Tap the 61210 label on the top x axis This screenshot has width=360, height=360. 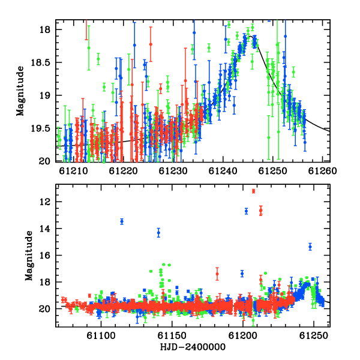pyautogui.click(x=73, y=171)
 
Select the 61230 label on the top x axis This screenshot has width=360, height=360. pyautogui.click(x=173, y=171)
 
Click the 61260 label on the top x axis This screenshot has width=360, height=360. pyautogui.click(x=322, y=171)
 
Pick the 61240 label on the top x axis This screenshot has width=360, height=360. pyautogui.click(x=223, y=171)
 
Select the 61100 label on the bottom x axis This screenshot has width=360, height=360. pyautogui.click(x=101, y=335)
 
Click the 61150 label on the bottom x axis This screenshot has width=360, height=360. pyautogui.click(x=172, y=335)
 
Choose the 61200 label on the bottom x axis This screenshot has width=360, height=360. pyautogui.click(x=242, y=335)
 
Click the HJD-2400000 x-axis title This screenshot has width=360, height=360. pyautogui.click(x=193, y=347)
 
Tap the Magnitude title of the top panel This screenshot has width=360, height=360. pyautogui.click(x=20, y=91)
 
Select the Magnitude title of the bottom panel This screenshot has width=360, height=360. pyautogui.click(x=29, y=256)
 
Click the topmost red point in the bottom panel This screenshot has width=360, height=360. pyautogui.click(x=253, y=191)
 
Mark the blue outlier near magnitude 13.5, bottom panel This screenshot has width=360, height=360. pyautogui.click(x=122, y=221)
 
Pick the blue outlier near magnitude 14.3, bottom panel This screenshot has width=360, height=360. pyautogui.click(x=158, y=233)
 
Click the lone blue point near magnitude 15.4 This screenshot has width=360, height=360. pyautogui.click(x=310, y=247)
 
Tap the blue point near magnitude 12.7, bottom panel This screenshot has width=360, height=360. pyautogui.click(x=247, y=211)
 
